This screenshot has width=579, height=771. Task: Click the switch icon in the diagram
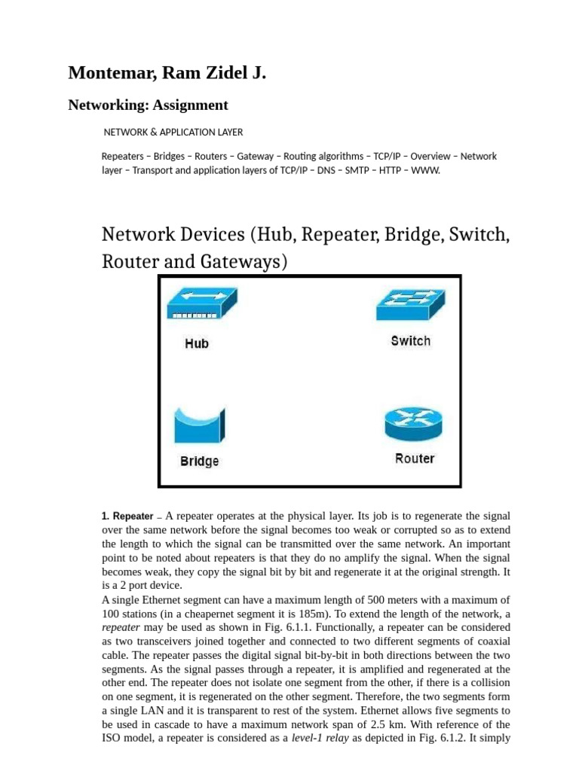coord(409,306)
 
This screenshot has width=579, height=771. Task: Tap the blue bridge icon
coord(199,425)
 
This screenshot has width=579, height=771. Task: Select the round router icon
coord(413,424)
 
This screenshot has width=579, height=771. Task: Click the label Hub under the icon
coord(197,343)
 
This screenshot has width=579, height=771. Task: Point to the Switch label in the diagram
coord(411,341)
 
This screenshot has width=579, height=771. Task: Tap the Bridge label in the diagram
coord(199,461)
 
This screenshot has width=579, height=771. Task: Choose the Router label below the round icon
coord(415,459)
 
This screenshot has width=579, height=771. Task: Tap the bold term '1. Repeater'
coord(127,517)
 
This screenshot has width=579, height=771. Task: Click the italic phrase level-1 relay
coord(320,738)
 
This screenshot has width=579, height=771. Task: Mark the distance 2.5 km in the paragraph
coord(386,724)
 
